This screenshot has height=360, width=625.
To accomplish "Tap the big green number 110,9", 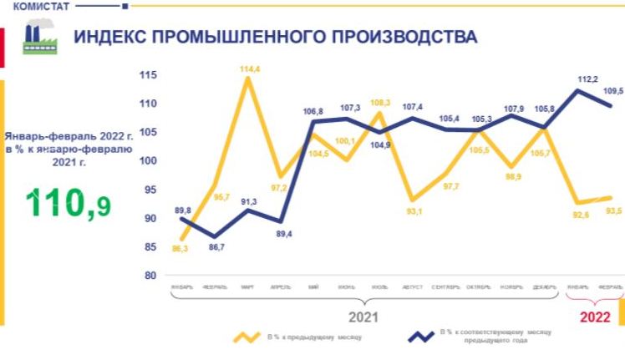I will tap(69, 203).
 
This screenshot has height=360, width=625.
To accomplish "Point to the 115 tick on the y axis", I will tap(148, 75).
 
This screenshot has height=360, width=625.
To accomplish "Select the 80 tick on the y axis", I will tap(150, 275).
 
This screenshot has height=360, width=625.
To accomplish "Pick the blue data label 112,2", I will tap(587, 79).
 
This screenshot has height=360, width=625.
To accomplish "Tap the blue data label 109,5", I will tap(613, 89).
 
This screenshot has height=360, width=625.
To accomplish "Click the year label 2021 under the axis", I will tap(363, 317).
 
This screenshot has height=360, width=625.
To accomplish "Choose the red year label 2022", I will tap(596, 317).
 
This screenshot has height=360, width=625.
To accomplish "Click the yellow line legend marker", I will tap(247, 337).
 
